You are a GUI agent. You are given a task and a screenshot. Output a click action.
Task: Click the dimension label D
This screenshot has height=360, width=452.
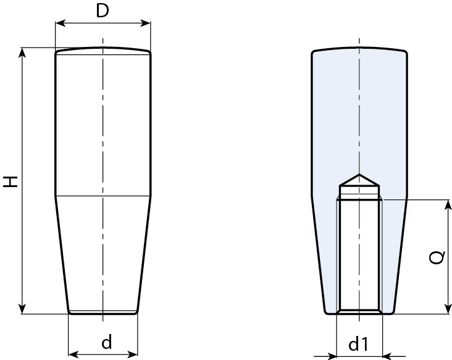point(103,10)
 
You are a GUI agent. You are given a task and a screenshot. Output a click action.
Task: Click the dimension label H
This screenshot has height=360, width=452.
point(10,182)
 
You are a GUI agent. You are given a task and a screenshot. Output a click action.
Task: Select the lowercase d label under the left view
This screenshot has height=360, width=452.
point(106,342)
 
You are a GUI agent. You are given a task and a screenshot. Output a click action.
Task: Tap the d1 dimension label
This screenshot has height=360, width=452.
point(359,345)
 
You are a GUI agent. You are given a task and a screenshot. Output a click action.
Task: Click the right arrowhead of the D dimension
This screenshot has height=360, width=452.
point(146,23)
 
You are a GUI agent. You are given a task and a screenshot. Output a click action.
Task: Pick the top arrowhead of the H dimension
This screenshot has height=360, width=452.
point(23,52)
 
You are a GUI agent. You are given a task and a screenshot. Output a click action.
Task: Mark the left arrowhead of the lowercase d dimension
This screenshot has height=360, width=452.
point(72,354)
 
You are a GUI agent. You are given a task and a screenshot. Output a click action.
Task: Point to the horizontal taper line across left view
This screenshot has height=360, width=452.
point(103,196)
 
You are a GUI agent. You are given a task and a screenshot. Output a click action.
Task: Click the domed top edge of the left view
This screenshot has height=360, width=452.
point(103,49)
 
